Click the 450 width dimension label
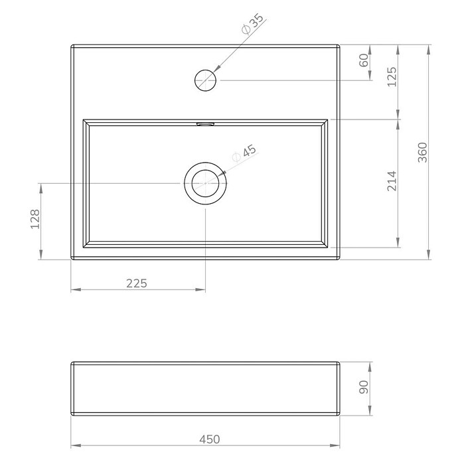210,439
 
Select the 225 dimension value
137,283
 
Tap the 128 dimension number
35,219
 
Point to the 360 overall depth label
422,152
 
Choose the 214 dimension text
392,181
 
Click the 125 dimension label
392,77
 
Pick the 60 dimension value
364,60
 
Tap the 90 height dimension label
364,387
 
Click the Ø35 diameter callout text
252,24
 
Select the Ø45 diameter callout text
244,153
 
